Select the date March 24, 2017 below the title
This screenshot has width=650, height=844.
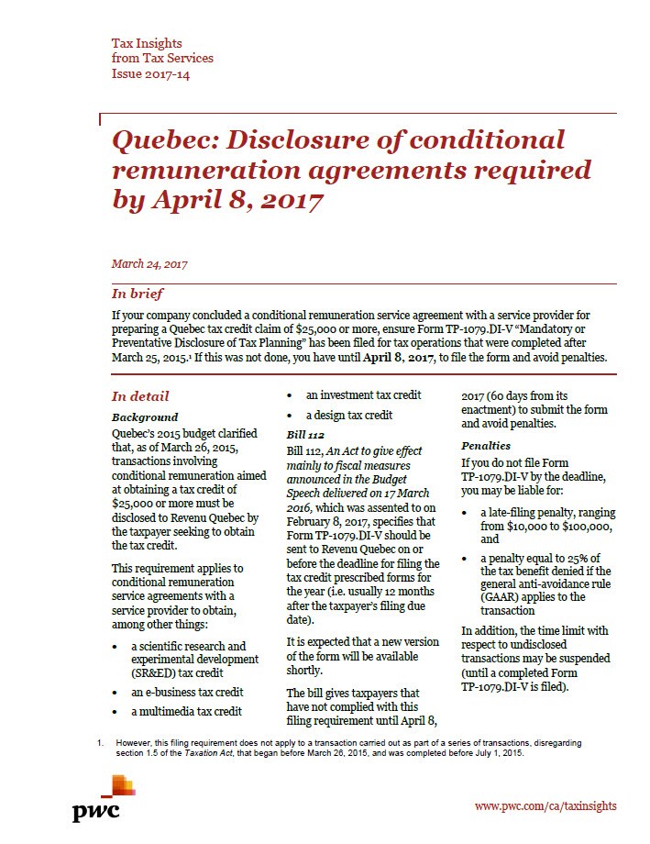click(149, 264)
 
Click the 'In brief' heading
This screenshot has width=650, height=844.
click(138, 294)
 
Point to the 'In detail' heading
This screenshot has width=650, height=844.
click(140, 396)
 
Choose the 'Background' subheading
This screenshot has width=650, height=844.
click(145, 416)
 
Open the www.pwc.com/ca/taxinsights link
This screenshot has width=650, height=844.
click(545, 805)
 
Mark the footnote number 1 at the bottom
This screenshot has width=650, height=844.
click(100, 740)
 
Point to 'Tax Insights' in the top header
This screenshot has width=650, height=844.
click(146, 43)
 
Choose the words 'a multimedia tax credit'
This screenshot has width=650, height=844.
click(187, 710)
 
